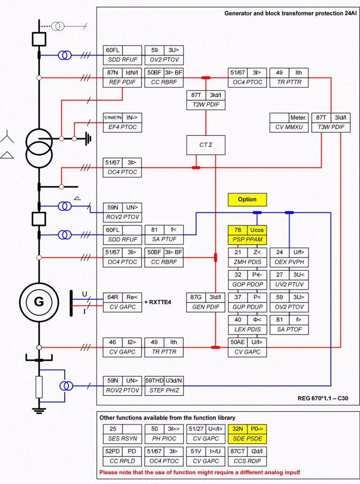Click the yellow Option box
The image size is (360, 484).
point(247,200)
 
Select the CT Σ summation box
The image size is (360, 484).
point(206,145)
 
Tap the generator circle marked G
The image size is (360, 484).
point(38,302)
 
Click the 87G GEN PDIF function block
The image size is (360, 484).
point(206,302)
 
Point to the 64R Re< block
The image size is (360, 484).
point(122,302)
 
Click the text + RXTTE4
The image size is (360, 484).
point(158,302)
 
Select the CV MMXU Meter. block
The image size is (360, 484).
point(289,122)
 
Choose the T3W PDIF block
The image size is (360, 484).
point(330,122)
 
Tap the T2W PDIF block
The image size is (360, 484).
point(206,100)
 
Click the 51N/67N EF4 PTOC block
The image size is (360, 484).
point(122,122)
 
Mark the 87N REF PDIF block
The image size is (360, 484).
point(122,77)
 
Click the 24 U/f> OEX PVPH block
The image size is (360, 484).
point(289,257)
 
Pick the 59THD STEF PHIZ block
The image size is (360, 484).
point(164,386)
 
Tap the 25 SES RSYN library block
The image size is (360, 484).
point(122,433)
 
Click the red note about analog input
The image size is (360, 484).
point(200,472)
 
